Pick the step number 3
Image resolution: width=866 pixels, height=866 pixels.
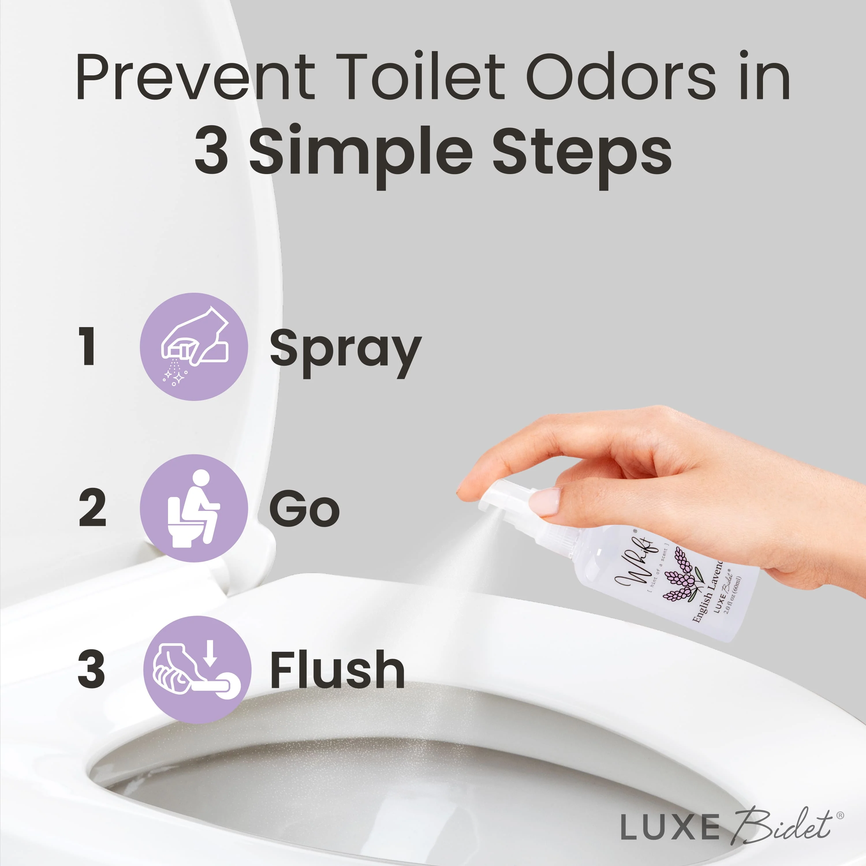pos(92,670)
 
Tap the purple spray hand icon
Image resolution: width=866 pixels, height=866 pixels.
pos(194,346)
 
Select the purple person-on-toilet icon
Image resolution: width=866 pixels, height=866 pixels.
pos(194,508)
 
